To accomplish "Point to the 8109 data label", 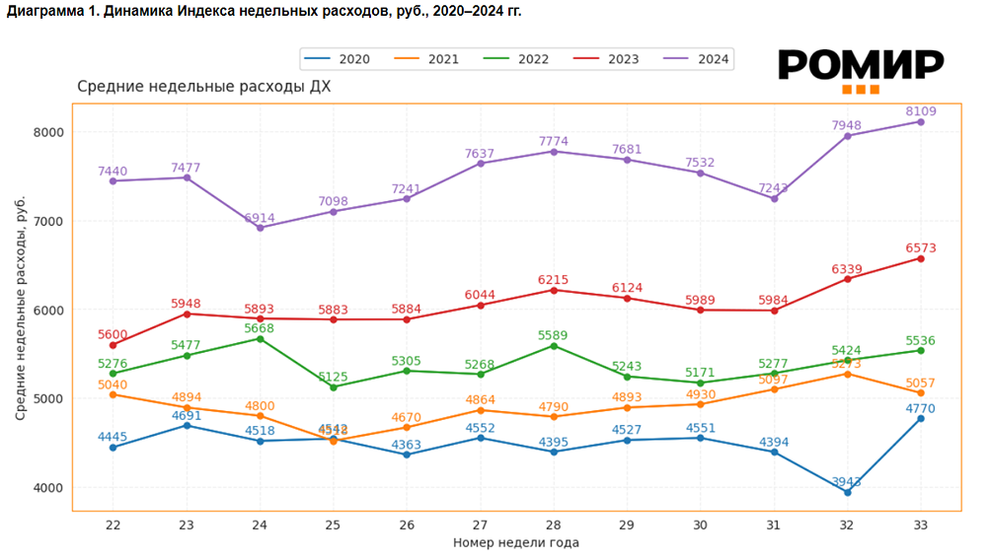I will tap(920, 111).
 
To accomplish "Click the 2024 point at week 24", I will tap(261, 228).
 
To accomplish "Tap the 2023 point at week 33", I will tap(921, 258).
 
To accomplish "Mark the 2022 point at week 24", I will tap(261, 338).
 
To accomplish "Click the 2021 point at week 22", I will tap(113, 394).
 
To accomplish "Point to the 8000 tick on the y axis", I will tap(48, 132).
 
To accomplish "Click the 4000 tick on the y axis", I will tap(48, 488).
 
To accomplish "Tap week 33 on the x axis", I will tap(921, 524).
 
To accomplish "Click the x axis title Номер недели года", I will tap(516, 542).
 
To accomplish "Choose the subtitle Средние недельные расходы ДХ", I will tap(203, 87).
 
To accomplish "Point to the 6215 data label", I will tap(553, 280).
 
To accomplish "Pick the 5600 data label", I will tap(113, 334).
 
